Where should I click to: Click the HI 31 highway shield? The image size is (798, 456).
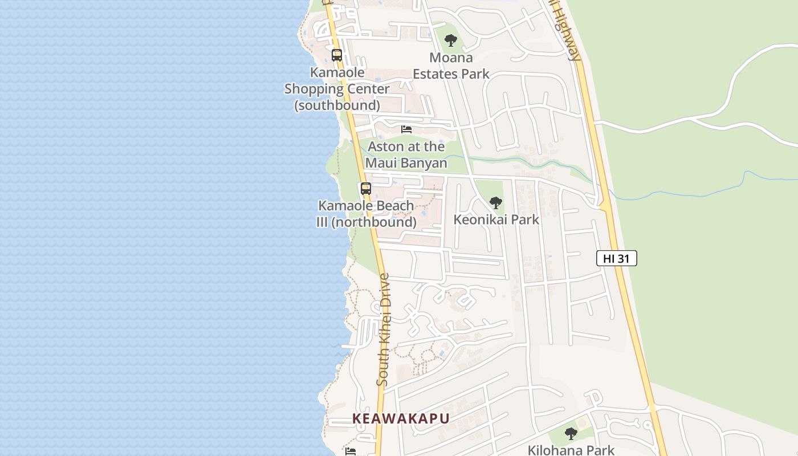click(616, 258)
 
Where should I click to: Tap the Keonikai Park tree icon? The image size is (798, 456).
click(496, 202)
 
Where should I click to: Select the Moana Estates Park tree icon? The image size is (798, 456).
click(451, 40)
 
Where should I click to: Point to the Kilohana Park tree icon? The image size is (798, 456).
click(571, 434)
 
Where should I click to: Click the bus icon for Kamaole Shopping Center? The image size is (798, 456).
click(337, 55)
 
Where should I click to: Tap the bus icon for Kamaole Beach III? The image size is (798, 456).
click(365, 189)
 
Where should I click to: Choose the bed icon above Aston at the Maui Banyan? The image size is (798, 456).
click(406, 129)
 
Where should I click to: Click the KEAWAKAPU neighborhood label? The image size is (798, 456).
click(401, 418)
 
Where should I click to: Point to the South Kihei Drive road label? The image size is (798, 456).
click(384, 331)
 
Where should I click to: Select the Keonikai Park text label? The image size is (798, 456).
click(496, 219)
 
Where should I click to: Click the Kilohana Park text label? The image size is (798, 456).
click(571, 450)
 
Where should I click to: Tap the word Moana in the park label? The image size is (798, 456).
click(451, 58)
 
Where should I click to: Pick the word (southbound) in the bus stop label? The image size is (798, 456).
click(337, 105)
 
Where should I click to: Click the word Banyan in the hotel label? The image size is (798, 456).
click(424, 162)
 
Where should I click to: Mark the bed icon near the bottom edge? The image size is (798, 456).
click(351, 451)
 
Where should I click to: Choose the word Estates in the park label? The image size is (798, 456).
click(437, 74)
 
